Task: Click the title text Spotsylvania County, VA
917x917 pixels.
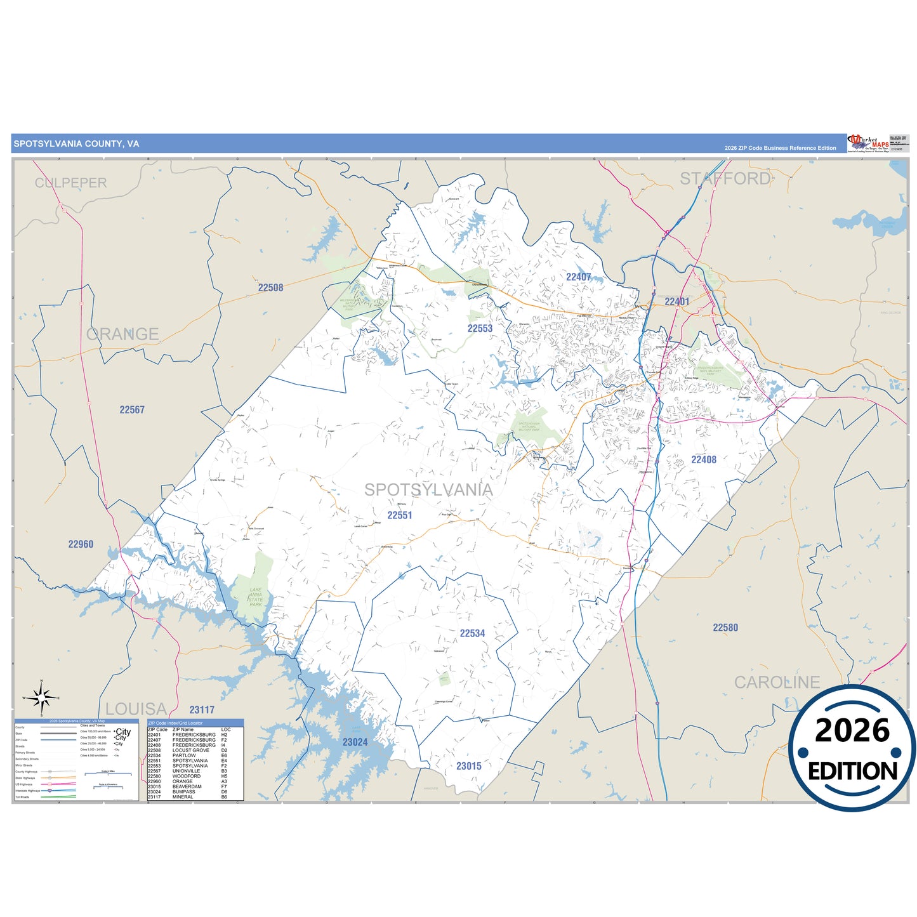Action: [76, 144]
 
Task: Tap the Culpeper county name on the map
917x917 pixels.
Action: [70, 183]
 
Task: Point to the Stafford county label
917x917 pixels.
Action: [725, 179]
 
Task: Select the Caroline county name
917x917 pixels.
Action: [777, 682]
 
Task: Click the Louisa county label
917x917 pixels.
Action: [136, 709]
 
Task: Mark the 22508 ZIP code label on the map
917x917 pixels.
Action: [270, 287]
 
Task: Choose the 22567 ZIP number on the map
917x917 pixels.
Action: [132, 410]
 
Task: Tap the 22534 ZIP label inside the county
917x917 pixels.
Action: [472, 633]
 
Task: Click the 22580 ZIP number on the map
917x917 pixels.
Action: [725, 628]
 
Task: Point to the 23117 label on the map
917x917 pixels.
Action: [202, 710]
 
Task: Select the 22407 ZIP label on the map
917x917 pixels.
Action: [578, 277]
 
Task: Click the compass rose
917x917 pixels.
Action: [42, 698]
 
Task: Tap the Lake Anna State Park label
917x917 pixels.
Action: [255, 597]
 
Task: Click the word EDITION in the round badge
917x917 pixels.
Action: [852, 771]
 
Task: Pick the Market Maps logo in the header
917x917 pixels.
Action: [868, 143]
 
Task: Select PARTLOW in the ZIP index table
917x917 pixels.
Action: [184, 755]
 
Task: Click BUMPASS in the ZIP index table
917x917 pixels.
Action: [183, 791]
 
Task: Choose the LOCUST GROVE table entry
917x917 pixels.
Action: [190, 750]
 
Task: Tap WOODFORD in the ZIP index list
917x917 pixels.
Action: [186, 776]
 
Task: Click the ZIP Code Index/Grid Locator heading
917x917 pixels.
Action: [175, 723]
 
